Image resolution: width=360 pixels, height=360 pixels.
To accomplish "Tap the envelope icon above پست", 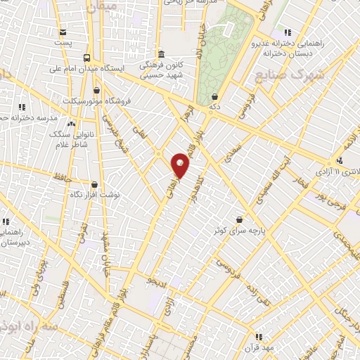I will point(63,32).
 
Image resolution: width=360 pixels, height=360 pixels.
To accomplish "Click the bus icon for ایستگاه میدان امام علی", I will point(86,58).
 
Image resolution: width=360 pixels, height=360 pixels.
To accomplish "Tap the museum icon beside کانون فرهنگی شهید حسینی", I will point(162,54).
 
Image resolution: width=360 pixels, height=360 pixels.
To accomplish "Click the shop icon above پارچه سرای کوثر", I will point(240,219).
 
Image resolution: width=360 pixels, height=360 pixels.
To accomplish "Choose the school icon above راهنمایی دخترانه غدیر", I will point(286,32).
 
